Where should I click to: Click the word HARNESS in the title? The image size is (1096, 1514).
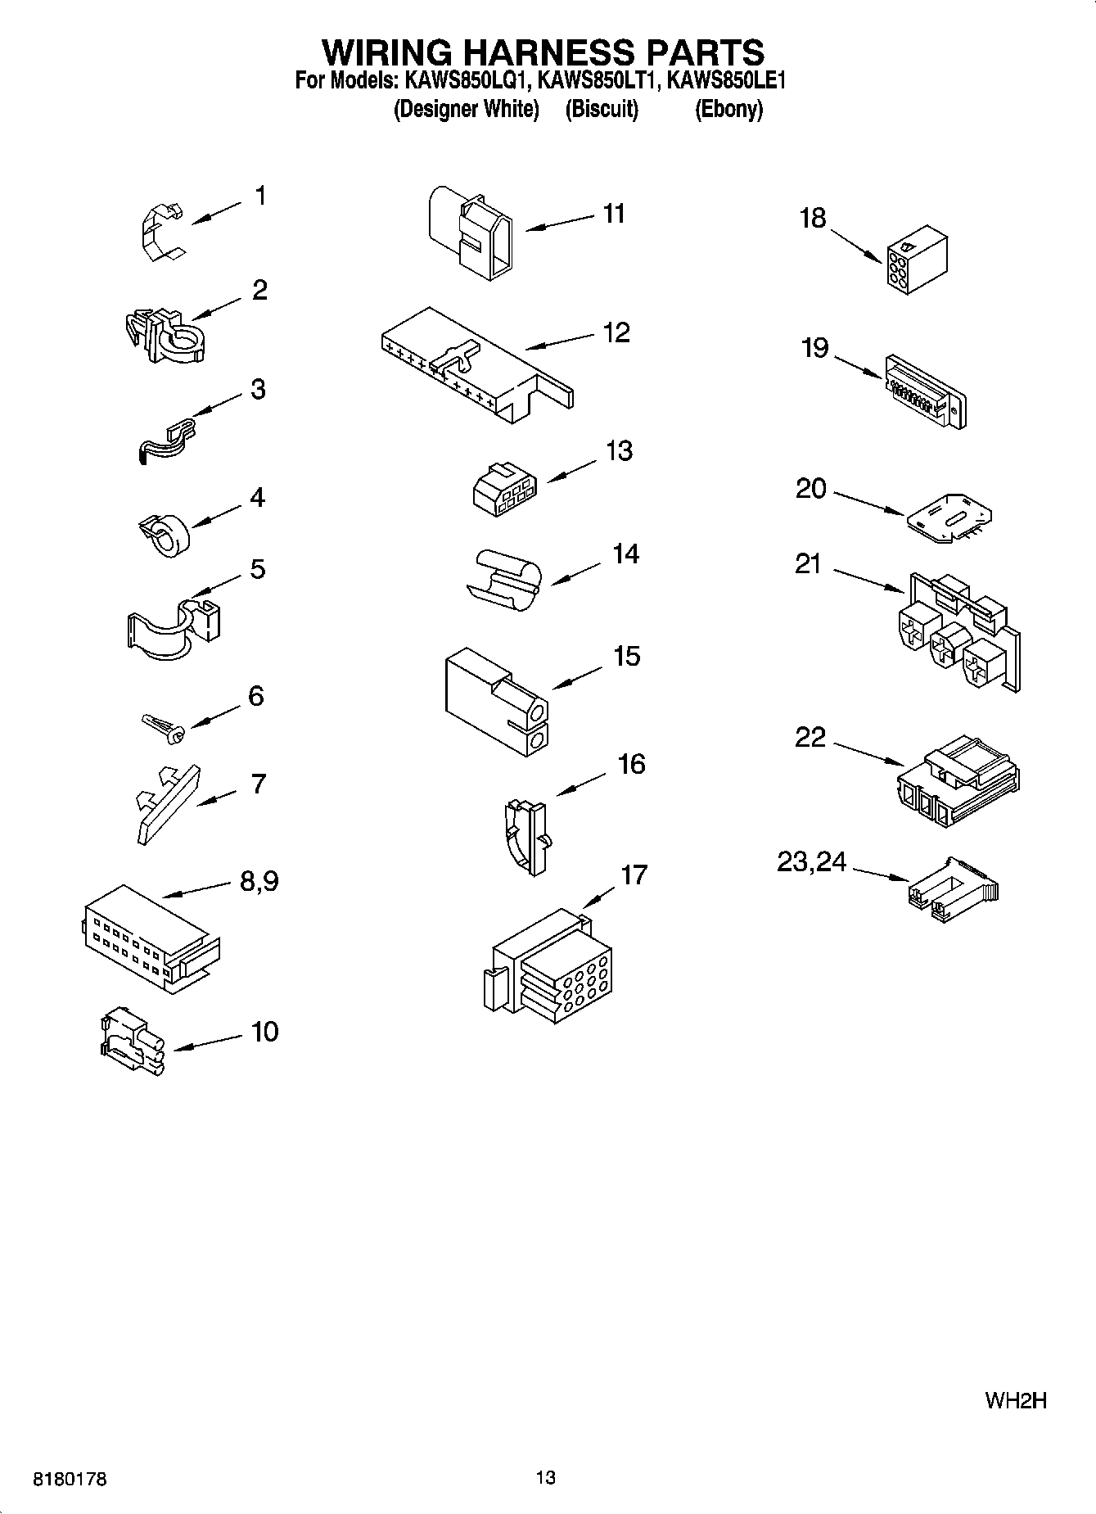pyautogui.click(x=541, y=52)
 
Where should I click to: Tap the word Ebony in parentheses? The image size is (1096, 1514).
pyautogui.click(x=728, y=109)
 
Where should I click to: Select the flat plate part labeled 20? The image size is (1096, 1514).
pyautogui.click(x=949, y=516)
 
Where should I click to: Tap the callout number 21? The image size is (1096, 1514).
pyautogui.click(x=808, y=564)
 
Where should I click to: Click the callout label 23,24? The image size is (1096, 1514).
pyautogui.click(x=811, y=861)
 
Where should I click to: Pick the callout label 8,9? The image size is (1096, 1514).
pyautogui.click(x=259, y=881)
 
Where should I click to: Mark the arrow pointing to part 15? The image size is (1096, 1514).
pyautogui.click(x=578, y=676)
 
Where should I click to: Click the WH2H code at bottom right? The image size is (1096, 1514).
pyautogui.click(x=1016, y=1400)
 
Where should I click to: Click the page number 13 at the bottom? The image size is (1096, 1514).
pyautogui.click(x=546, y=1478)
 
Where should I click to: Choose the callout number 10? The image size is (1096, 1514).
pyautogui.click(x=265, y=1032)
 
